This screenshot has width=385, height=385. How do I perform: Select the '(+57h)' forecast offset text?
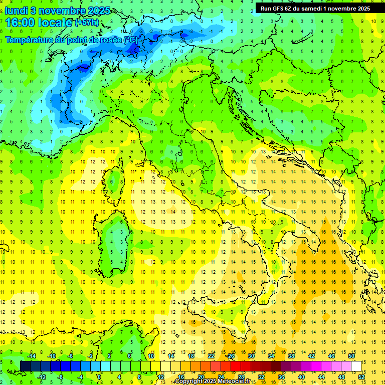pos(86,23)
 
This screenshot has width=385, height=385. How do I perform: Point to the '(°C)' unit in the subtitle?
pos(130,40)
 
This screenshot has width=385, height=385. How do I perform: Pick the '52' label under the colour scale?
pos(361,376)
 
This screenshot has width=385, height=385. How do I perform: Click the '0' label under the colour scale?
pos(99,376)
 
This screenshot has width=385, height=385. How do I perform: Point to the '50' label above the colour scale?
pos(351,356)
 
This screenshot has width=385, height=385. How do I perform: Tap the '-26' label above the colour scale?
pos(230,356)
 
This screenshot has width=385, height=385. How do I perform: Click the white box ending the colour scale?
pos(356,366)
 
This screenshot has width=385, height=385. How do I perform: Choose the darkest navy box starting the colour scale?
pos(25,366)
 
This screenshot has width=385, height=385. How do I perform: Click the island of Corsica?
pos(116,180)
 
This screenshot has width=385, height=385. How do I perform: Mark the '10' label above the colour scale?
pos(151,356)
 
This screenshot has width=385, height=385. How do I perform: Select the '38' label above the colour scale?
pos(291,356)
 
